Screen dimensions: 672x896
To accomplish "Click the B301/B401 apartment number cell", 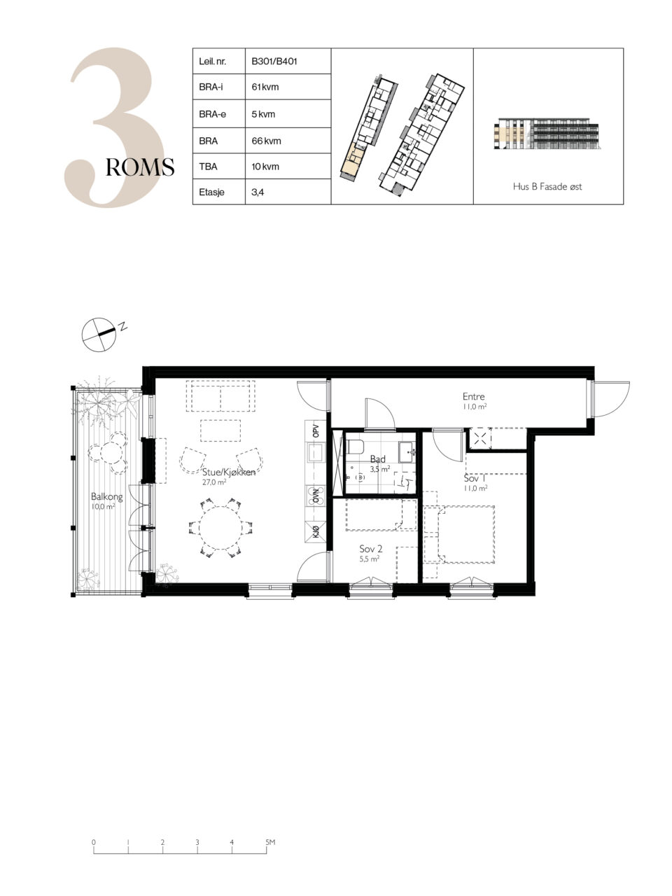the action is [274, 62].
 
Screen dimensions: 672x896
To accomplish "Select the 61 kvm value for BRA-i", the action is [265, 87].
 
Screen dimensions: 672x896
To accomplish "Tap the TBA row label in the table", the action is [208, 167].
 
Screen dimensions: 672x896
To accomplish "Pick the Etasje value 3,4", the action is [258, 192].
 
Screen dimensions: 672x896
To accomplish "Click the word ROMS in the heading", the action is [140, 167].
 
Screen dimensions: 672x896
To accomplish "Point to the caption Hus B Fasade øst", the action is [547, 186].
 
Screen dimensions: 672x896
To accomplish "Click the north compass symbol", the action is [99, 335].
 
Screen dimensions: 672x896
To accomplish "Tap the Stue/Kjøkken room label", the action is [229, 472].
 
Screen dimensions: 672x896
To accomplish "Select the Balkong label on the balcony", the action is [107, 496].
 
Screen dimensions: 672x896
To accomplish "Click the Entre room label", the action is [474, 396].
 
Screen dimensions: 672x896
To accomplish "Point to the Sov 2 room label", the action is [370, 549].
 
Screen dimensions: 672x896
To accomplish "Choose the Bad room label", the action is [378, 459].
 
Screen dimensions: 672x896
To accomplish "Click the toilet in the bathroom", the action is [355, 447].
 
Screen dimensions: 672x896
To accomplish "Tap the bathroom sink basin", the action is [407, 452].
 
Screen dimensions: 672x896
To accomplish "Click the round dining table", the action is [220, 528].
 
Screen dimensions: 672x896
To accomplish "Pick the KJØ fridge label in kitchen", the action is [316, 531].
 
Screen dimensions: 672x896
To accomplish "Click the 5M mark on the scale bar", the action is [270, 842].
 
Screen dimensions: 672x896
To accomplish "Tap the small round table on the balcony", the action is [111, 453].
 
